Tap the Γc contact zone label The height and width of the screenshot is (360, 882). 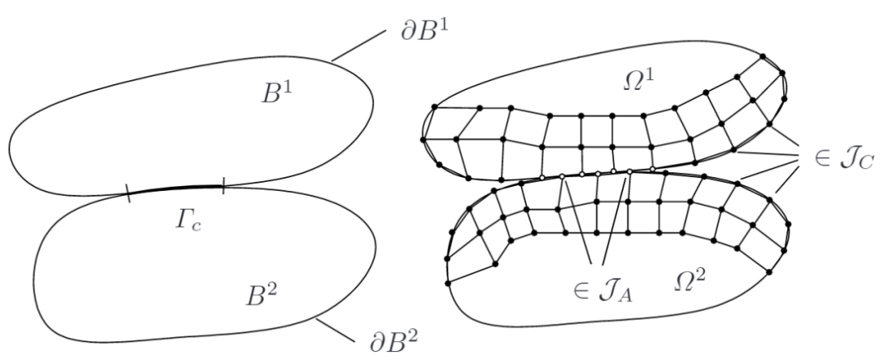(x=181, y=224)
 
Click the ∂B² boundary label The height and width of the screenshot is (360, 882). (x=392, y=337)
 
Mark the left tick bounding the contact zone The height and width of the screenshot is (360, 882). (x=128, y=193)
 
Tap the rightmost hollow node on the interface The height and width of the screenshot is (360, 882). (x=652, y=169)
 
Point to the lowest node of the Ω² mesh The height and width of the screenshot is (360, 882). (x=448, y=283)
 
